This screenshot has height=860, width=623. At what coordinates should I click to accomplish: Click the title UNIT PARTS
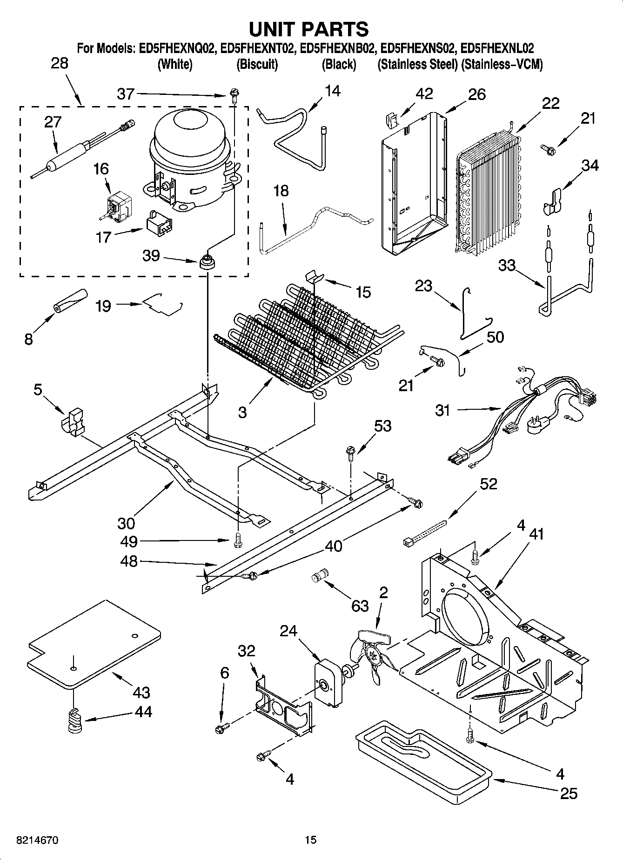pos(309,29)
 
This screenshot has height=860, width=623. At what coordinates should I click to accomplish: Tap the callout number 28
pos(59,63)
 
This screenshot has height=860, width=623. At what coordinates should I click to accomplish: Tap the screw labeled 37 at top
pos(233,96)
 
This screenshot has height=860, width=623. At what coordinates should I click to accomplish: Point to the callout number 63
pos(360,606)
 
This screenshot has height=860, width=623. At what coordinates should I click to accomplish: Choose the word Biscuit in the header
pos(257,64)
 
